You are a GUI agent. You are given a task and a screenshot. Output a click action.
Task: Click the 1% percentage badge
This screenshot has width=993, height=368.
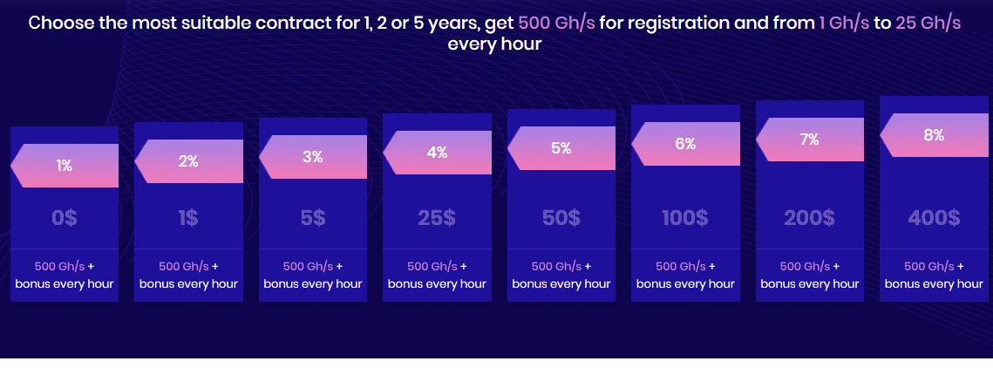[x=65, y=166]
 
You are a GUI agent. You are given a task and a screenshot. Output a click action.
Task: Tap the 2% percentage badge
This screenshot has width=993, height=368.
[x=188, y=161]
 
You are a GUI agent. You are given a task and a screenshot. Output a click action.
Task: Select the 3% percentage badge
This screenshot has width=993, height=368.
[x=313, y=157]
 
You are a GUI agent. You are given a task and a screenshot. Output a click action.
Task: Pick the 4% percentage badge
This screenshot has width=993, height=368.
[x=437, y=153]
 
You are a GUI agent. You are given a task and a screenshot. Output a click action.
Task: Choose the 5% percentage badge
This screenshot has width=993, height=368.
[x=561, y=148]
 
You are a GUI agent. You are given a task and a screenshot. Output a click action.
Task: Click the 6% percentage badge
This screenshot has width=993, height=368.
[x=685, y=144]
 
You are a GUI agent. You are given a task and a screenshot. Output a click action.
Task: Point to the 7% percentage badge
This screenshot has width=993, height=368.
[x=809, y=140]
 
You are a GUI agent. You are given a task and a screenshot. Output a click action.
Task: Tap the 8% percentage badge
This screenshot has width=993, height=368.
[x=934, y=135]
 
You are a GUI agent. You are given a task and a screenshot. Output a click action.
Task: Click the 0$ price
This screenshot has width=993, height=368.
[x=65, y=218]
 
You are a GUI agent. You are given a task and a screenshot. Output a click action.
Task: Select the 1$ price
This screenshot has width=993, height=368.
[x=188, y=218]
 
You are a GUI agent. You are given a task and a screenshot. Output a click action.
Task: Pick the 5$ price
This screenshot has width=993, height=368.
[x=313, y=218]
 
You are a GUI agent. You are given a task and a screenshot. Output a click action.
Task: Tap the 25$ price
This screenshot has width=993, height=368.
[x=437, y=218]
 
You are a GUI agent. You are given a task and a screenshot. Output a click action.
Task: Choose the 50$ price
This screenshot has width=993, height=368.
[x=561, y=218]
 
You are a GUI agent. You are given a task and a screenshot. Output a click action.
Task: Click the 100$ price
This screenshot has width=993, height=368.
[x=685, y=218]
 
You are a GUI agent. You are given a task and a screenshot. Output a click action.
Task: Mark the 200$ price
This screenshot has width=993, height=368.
[x=809, y=218]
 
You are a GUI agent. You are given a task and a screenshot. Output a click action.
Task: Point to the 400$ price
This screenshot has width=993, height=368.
[x=934, y=218]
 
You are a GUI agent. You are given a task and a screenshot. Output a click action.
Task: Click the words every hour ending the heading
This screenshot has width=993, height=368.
[x=494, y=45]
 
